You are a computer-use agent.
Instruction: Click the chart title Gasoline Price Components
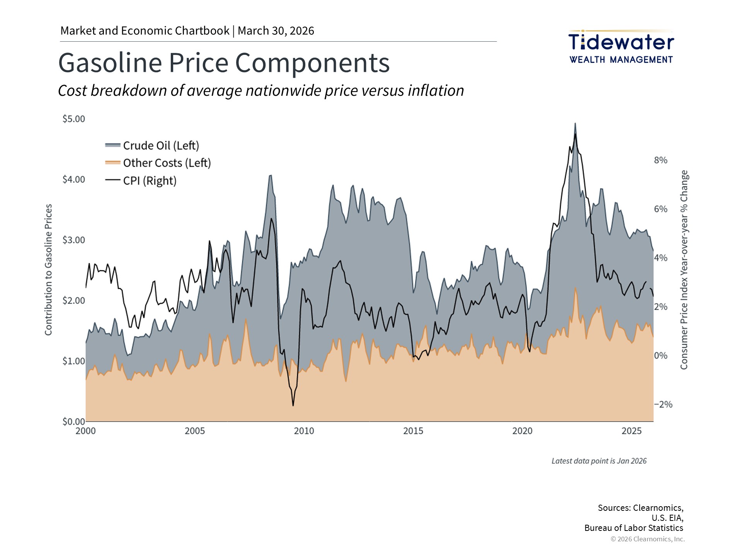click(224, 63)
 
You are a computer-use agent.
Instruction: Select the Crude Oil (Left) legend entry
click(161, 146)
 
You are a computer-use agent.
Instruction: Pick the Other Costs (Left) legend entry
click(167, 163)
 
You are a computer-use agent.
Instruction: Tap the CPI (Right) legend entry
click(150, 181)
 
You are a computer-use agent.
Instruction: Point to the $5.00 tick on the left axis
click(74, 119)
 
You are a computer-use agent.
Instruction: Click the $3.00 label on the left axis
click(74, 240)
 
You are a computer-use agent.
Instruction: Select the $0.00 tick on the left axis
click(74, 421)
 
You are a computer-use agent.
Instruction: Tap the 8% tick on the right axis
click(660, 160)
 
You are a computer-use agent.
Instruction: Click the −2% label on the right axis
click(663, 405)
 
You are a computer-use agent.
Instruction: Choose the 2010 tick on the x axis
click(304, 431)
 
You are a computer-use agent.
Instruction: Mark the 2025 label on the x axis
click(631, 431)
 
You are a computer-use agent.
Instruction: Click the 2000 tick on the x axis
click(85, 431)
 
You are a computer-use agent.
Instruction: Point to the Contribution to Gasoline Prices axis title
click(48, 270)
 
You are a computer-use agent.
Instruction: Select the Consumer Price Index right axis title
click(684, 270)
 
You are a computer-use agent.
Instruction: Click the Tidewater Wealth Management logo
click(621, 47)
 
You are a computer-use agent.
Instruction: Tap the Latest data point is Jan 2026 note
click(599, 461)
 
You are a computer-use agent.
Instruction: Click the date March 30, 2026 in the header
click(276, 31)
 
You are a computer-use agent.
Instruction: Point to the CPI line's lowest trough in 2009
click(293, 405)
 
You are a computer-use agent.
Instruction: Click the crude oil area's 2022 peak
click(575, 124)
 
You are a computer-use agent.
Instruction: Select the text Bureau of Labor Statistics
click(633, 528)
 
